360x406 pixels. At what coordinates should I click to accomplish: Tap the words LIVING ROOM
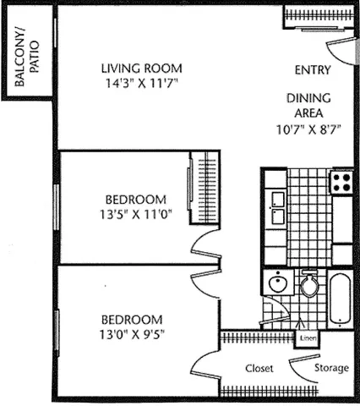(141, 69)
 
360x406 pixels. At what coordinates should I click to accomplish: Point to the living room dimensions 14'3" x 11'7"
(141, 83)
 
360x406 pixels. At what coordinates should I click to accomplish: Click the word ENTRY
(312, 70)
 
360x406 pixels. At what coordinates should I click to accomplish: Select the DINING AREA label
(308, 105)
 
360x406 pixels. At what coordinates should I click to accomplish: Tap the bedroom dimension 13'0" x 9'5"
(132, 334)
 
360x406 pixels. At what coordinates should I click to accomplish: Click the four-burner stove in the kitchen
(341, 181)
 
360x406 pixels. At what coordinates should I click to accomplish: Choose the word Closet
(258, 369)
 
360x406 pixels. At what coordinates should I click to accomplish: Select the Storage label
(330, 369)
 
